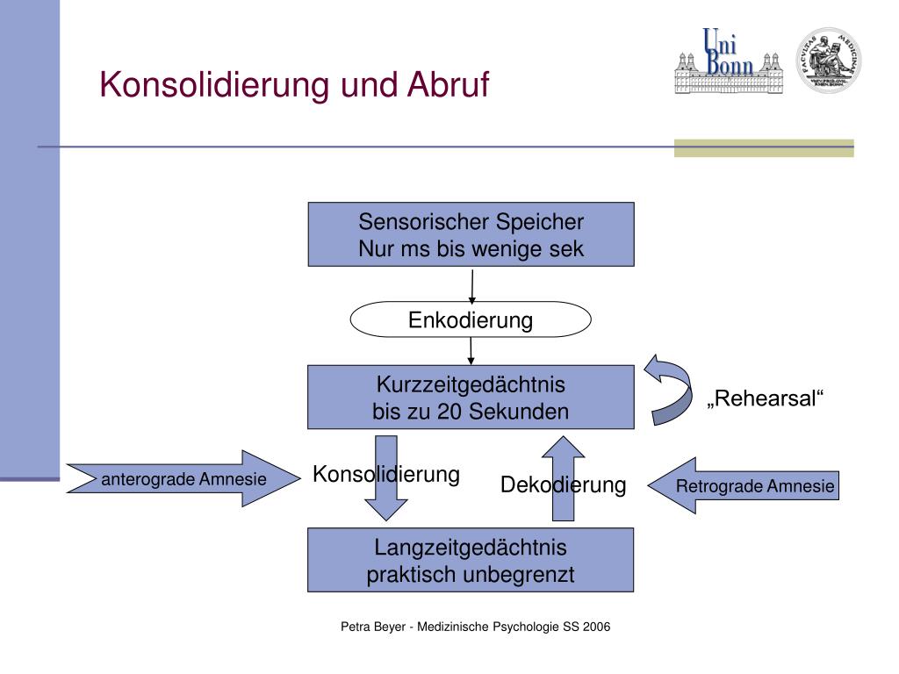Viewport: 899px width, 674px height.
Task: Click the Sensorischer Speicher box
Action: pyautogui.click(x=471, y=234)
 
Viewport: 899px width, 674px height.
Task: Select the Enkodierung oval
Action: pyautogui.click(x=471, y=320)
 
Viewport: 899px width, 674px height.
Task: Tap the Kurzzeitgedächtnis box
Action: pyautogui.click(x=471, y=398)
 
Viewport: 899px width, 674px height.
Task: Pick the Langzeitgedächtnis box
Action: pyautogui.click(x=471, y=561)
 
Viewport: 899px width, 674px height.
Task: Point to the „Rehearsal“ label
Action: pyautogui.click(x=766, y=400)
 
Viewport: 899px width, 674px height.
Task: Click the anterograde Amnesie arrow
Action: pyautogui.click(x=176, y=479)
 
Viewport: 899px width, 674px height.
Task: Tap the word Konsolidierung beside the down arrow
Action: pyautogui.click(x=386, y=475)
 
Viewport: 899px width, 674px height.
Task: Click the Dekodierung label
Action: pyautogui.click(x=563, y=485)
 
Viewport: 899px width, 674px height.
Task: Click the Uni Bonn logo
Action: pyautogui.click(x=728, y=61)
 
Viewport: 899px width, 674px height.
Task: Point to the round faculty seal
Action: pyautogui.click(x=828, y=60)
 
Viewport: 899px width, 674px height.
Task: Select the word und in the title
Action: pyautogui.click(x=369, y=86)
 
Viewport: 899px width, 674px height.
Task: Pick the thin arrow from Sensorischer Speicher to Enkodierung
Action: pyautogui.click(x=472, y=285)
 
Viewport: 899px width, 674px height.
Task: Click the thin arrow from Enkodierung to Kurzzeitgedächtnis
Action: pyautogui.click(x=471, y=351)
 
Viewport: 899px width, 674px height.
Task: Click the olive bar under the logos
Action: pyautogui.click(x=763, y=148)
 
